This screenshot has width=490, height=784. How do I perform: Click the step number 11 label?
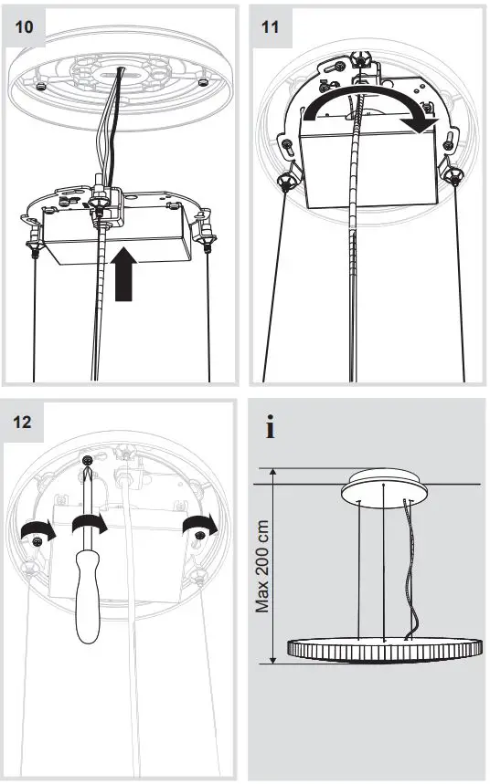[271, 27]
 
